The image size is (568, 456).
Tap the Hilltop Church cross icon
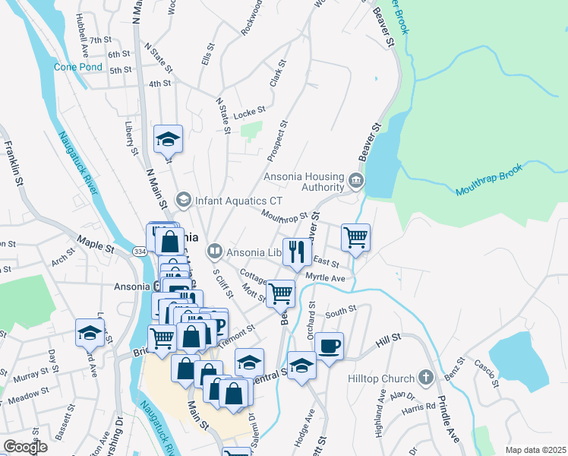[427, 378]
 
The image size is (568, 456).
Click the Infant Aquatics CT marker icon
[182, 201]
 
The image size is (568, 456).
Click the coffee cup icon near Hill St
[328, 346]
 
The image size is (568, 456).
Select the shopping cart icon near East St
[355, 237]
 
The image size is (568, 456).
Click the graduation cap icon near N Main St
[168, 138]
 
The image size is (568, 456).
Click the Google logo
[26, 447]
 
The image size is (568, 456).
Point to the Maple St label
[93, 247]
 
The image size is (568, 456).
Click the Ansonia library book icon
[215, 251]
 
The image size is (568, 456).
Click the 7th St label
[100, 40]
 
